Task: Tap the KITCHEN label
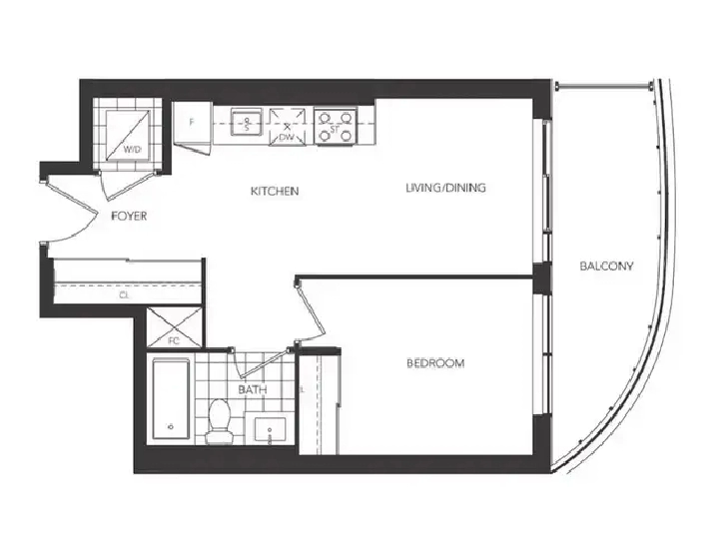click(x=276, y=191)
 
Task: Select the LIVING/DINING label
click(x=446, y=188)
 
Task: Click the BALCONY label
click(x=606, y=267)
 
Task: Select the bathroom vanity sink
click(x=272, y=430)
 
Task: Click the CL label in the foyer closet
click(x=124, y=295)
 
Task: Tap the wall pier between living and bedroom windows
click(x=540, y=278)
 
